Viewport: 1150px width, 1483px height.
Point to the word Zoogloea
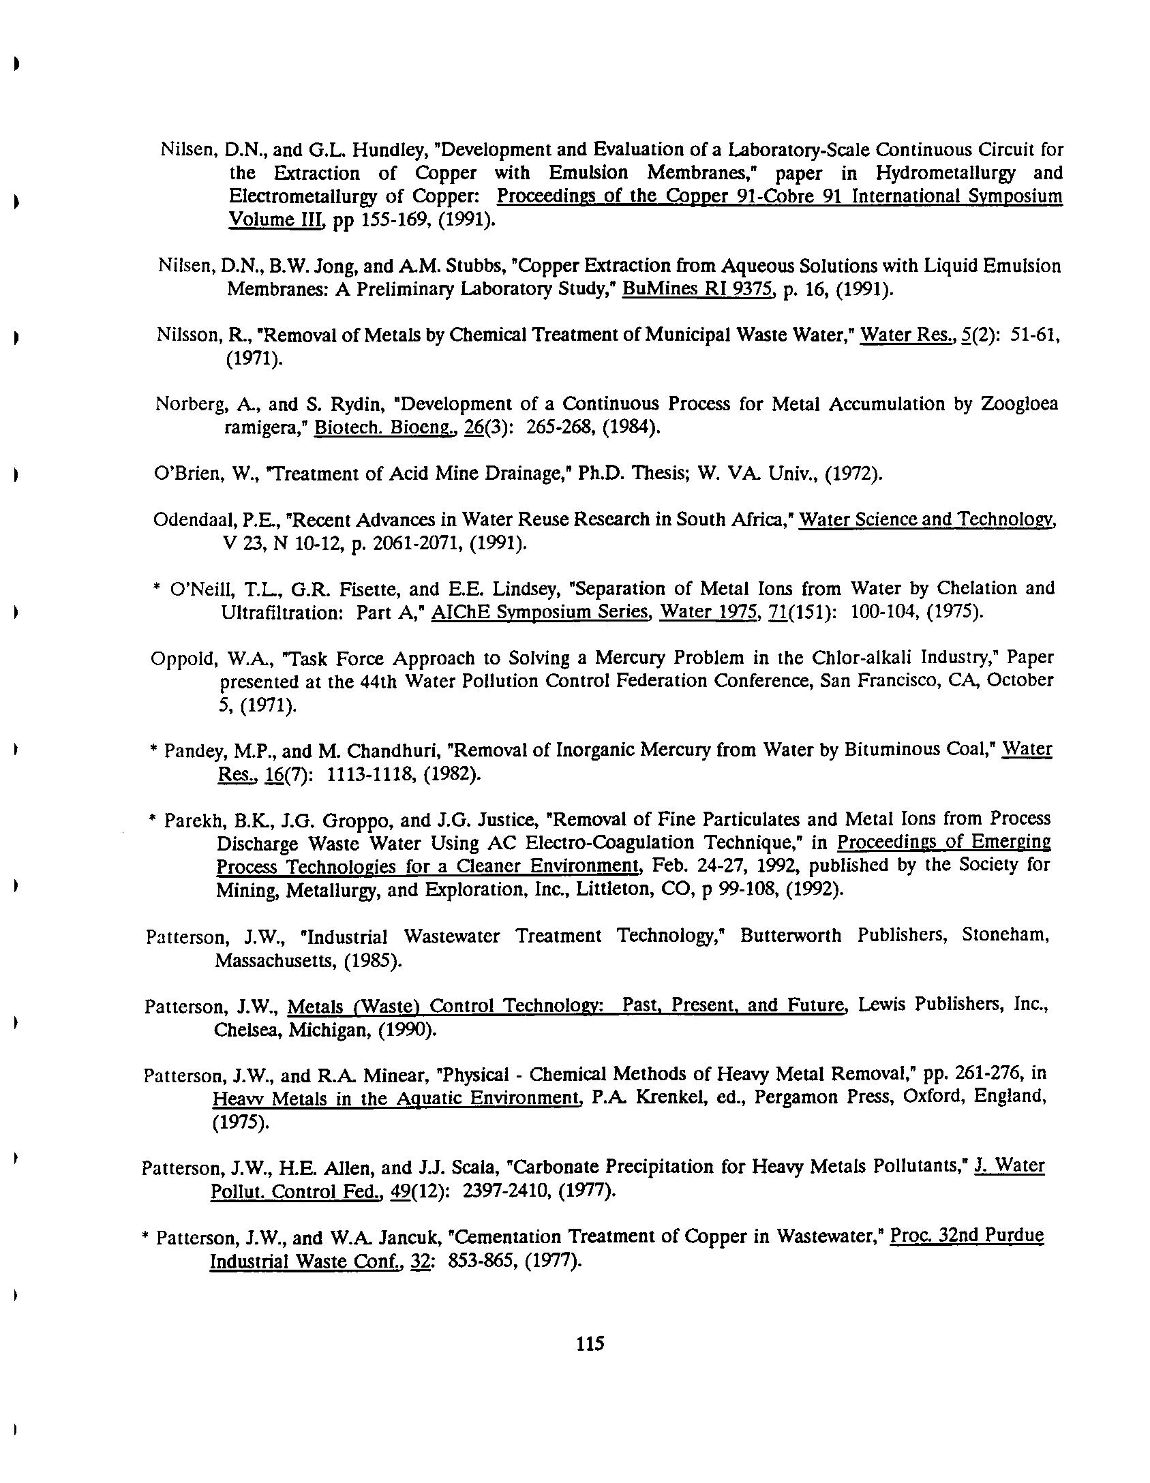(1019, 404)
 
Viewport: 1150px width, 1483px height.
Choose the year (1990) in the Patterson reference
(406, 1029)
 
